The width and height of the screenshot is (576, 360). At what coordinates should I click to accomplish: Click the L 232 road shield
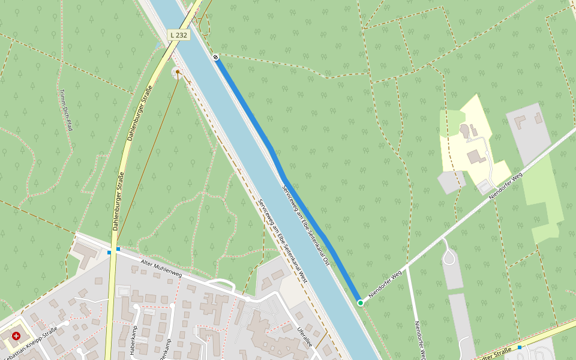coord(178,35)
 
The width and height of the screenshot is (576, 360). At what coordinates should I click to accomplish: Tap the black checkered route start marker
coord(215,57)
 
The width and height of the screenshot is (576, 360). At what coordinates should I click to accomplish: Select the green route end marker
coord(361,303)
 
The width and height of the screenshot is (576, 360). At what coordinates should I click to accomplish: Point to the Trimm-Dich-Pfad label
coord(65,110)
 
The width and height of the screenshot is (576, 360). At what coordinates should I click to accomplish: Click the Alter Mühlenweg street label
coord(161,269)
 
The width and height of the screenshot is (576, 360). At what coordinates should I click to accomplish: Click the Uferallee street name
coord(305,338)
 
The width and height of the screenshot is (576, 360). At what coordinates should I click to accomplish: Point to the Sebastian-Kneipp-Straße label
coord(38,337)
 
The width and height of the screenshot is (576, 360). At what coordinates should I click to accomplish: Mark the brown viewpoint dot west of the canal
coord(178,72)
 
